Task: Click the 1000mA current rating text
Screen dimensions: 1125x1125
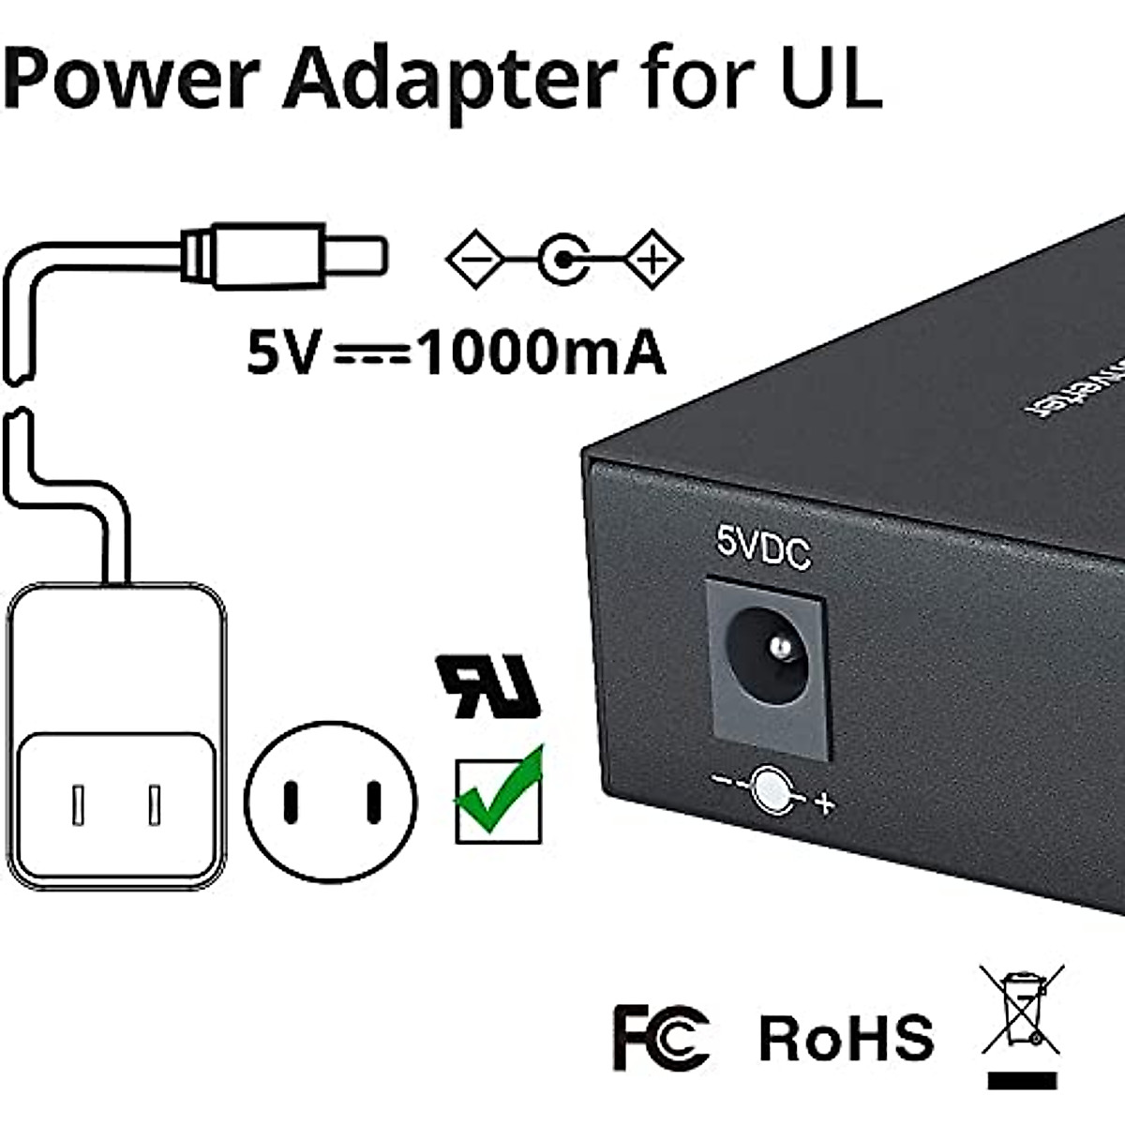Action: pyautogui.click(x=541, y=354)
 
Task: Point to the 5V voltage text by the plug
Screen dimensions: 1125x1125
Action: pyautogui.click(x=280, y=354)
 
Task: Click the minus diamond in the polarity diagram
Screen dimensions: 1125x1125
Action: pyautogui.click(x=476, y=258)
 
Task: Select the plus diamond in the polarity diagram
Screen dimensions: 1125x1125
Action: pyautogui.click(x=654, y=258)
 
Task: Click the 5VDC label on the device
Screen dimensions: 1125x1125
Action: pyautogui.click(x=763, y=548)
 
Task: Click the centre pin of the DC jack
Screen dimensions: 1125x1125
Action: pyautogui.click(x=777, y=646)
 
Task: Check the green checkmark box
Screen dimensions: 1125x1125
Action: pyautogui.click(x=498, y=797)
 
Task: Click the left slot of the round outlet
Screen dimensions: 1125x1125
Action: pyautogui.click(x=292, y=802)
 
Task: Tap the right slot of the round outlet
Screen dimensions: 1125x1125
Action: pyautogui.click(x=373, y=802)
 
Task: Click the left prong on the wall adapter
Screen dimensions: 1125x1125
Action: pyautogui.click(x=79, y=804)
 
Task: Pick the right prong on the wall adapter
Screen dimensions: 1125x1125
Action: pyautogui.click(x=155, y=804)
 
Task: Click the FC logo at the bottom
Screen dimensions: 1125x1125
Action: pyautogui.click(x=660, y=1037)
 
